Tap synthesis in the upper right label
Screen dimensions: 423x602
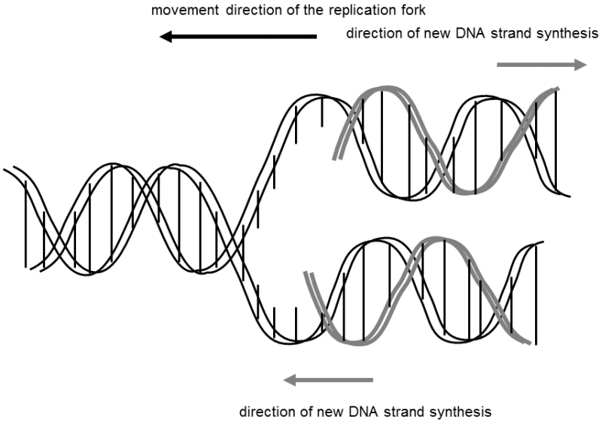pos(565,35)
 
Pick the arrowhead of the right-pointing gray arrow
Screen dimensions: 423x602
pos(581,65)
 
